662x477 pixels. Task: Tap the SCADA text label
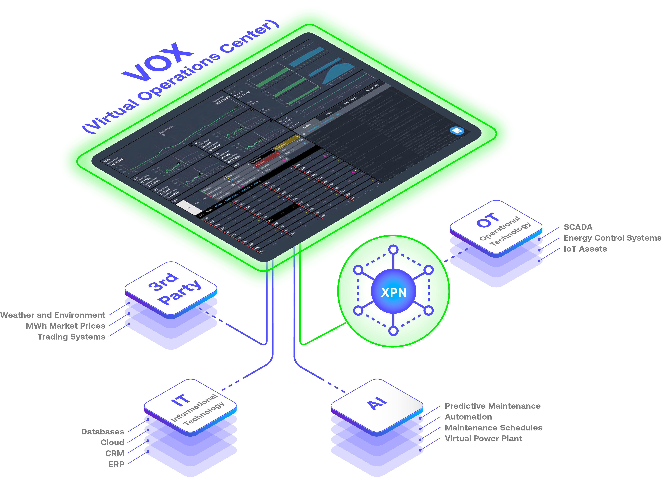coord(578,227)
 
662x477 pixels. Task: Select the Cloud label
coord(112,443)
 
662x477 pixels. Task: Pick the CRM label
coord(115,453)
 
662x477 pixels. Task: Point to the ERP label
coord(117,464)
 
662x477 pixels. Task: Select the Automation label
coord(468,417)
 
